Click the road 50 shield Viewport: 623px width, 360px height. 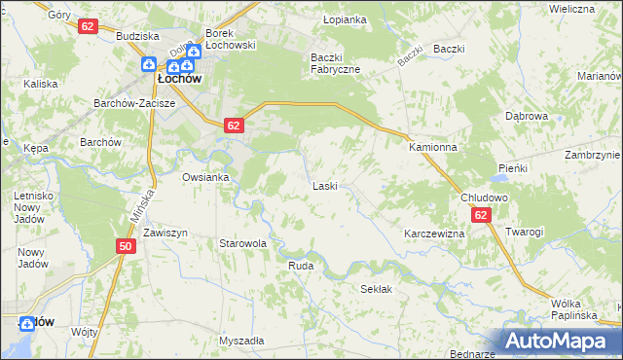[126, 246]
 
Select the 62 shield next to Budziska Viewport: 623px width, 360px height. [89, 26]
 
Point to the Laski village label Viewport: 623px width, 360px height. [324, 185]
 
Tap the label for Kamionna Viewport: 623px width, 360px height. [432, 147]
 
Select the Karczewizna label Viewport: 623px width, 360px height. [433, 234]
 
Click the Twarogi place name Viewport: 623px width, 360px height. [524, 232]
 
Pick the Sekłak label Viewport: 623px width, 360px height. [376, 289]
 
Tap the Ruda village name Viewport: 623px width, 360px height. [300, 265]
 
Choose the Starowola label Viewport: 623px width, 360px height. [242, 243]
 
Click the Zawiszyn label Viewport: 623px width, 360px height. [165, 234]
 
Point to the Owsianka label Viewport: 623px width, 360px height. [205, 177]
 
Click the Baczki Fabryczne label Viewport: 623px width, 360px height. [335, 63]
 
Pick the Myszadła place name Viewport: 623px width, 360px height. [241, 341]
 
